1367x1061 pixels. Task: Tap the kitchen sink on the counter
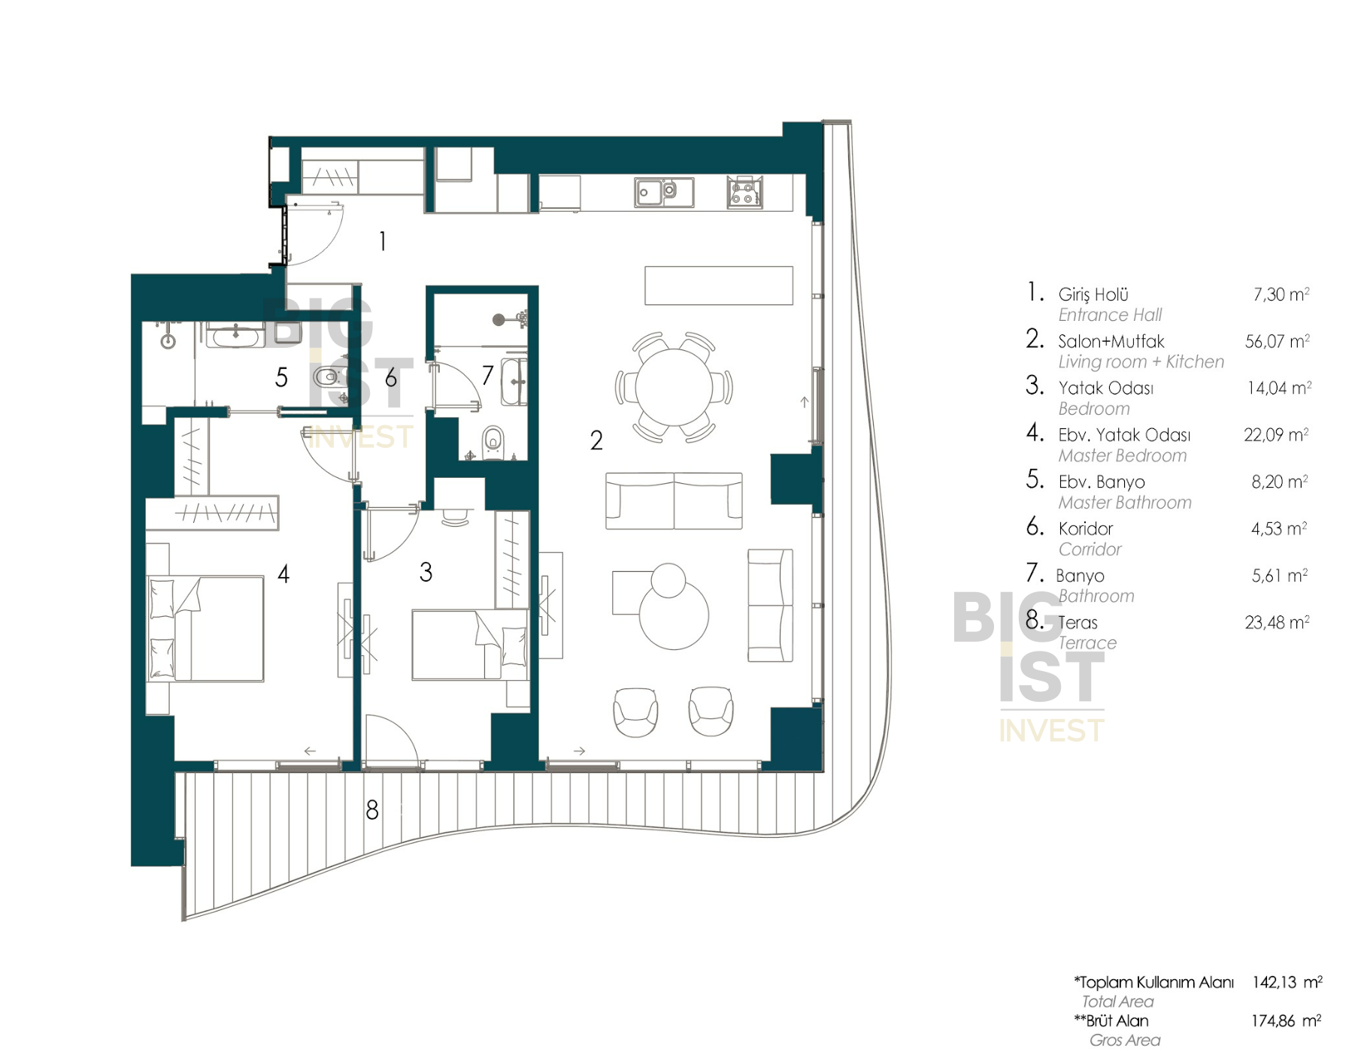pyautogui.click(x=663, y=192)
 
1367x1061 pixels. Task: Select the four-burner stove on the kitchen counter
pyautogui.click(x=744, y=192)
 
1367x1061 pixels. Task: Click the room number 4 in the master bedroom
pyautogui.click(x=283, y=574)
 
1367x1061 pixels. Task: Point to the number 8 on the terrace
pyautogui.click(x=371, y=809)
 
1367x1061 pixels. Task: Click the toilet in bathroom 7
pyautogui.click(x=493, y=440)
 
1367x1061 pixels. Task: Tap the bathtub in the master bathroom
pyautogui.click(x=235, y=335)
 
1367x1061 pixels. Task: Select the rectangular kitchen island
pyautogui.click(x=719, y=286)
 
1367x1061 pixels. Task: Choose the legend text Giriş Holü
pyautogui.click(x=1093, y=295)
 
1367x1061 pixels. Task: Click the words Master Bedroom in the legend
pyautogui.click(x=1123, y=455)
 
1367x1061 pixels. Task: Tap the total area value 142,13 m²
pyautogui.click(x=1287, y=982)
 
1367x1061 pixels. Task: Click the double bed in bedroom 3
pyautogui.click(x=469, y=645)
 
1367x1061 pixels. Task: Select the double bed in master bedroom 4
pyautogui.click(x=205, y=629)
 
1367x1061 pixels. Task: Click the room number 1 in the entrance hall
pyautogui.click(x=383, y=241)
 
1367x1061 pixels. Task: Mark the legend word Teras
pyautogui.click(x=1078, y=623)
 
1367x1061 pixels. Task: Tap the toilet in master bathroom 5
pyautogui.click(x=328, y=376)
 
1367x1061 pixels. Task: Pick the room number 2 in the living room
pyautogui.click(x=596, y=440)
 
